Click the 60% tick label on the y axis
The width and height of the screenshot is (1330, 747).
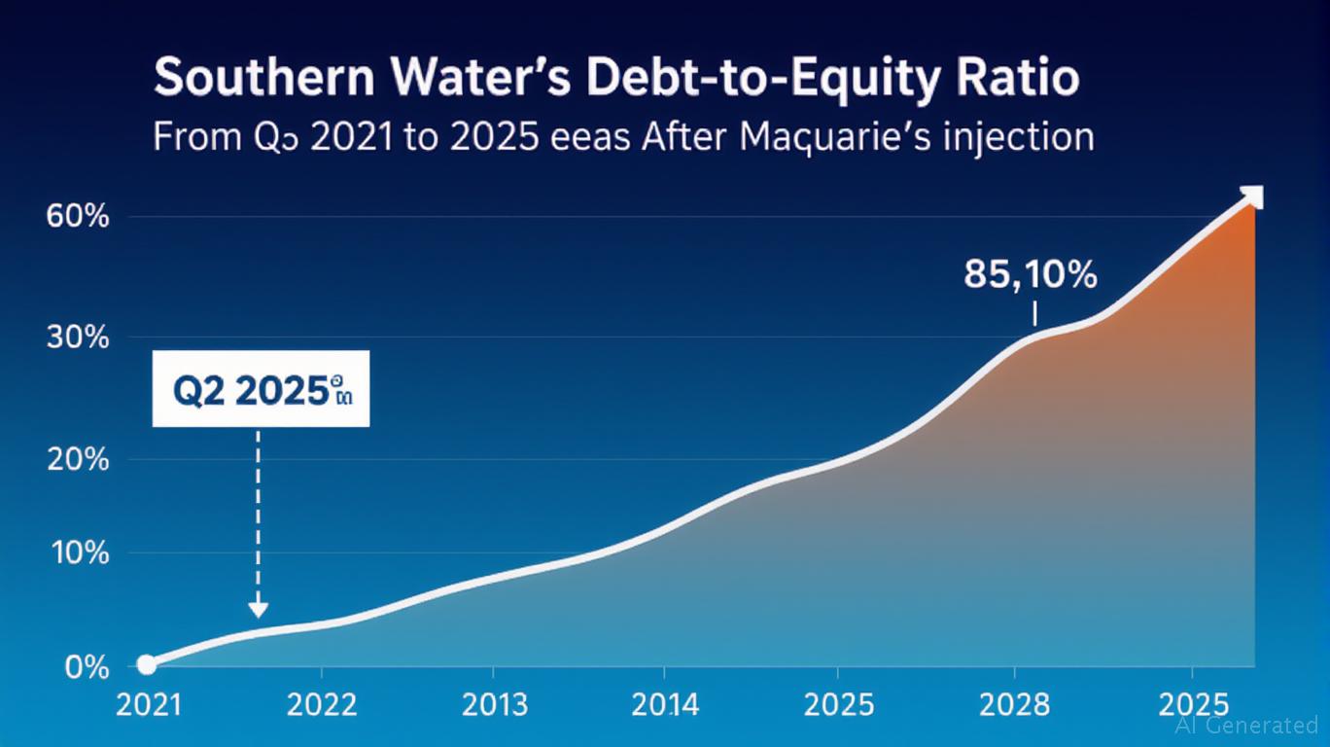coord(78,217)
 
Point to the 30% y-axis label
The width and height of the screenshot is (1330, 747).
coord(78,338)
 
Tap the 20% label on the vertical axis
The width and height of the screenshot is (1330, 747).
coord(78,459)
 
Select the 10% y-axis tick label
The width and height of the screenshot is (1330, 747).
coord(78,553)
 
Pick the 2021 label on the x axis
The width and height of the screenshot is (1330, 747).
coord(149,704)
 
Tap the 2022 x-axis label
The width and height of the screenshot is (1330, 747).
coord(321,704)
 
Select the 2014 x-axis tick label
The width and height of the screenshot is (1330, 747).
coord(664,704)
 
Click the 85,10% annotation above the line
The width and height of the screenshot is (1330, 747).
coord(1031,276)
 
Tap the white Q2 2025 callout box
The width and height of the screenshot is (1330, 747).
coord(261,389)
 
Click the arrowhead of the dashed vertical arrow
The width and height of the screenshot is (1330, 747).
coord(258,609)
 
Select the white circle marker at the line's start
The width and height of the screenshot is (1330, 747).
coord(147,664)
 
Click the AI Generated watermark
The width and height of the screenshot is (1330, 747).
coord(1246,726)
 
